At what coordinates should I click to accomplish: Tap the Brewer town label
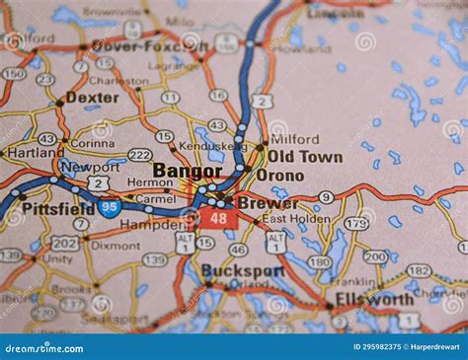point(268,202)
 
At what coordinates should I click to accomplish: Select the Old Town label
point(305,157)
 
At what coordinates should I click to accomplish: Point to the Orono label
point(280,176)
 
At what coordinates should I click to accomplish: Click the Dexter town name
point(92,99)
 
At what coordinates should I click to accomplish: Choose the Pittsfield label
point(58,209)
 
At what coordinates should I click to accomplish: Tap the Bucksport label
point(242,270)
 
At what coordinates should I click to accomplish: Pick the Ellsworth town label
point(374,299)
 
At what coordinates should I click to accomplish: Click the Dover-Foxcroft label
point(150,45)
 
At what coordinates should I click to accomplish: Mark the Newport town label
point(90,167)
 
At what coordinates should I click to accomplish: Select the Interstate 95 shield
point(110,207)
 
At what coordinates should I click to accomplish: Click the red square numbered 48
point(218,217)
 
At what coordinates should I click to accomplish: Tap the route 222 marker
point(140,155)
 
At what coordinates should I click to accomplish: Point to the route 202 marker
point(64,243)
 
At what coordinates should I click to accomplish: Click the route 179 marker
point(356,224)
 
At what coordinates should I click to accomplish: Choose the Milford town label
point(294,140)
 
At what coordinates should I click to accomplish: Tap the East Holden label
point(296,219)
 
